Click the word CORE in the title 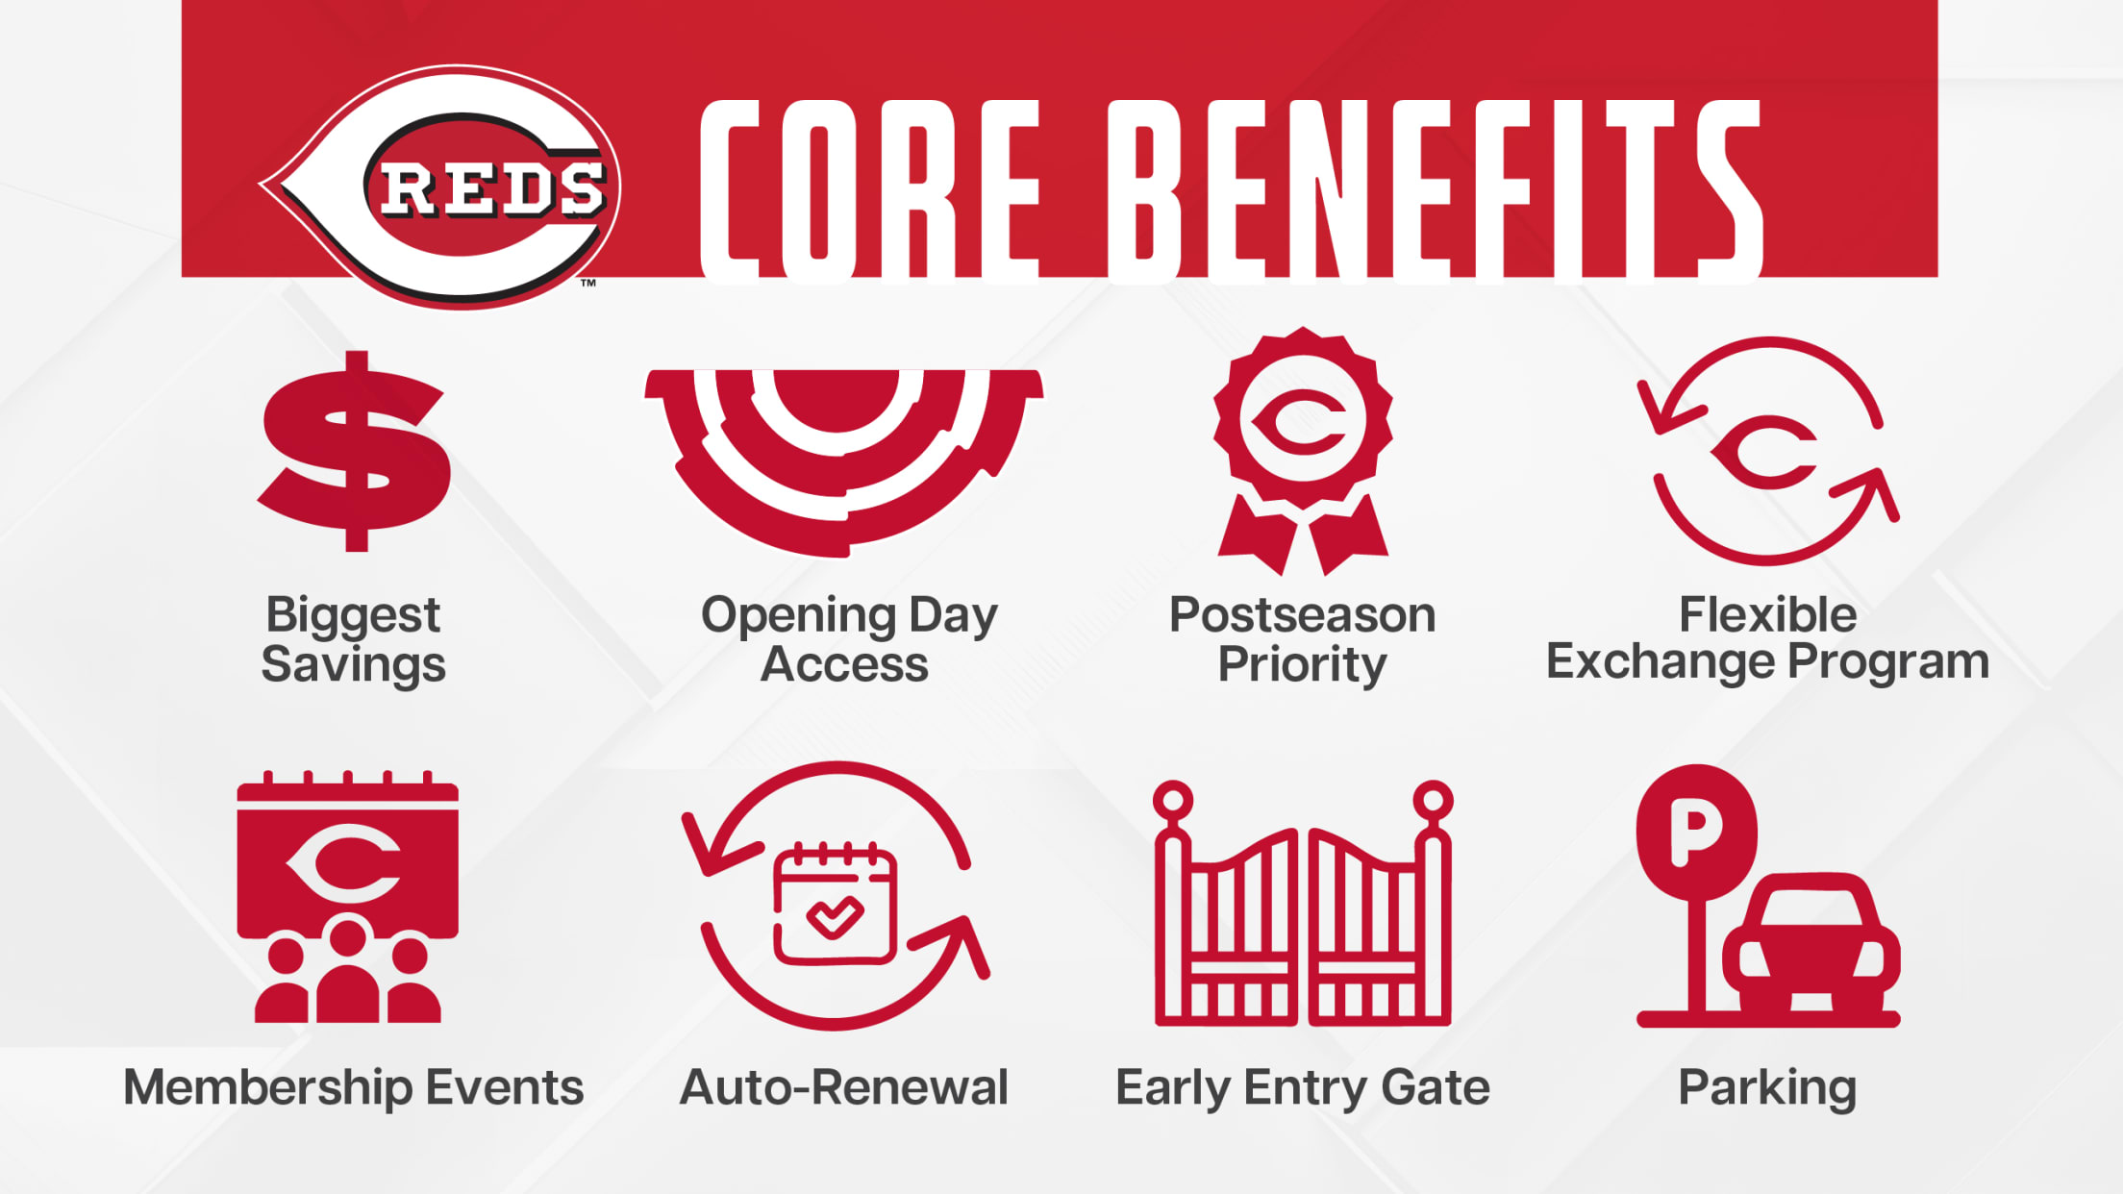(871, 191)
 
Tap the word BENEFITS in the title (1435, 191)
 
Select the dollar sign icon (354, 451)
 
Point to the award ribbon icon (1303, 451)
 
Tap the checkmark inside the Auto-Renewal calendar (835, 917)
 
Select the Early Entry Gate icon (1303, 903)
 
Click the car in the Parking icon (1811, 942)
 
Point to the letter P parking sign (1696, 832)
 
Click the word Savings (353, 665)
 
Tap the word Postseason (1302, 614)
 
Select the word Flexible (1767, 614)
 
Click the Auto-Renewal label (843, 1087)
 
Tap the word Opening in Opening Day (799, 616)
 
